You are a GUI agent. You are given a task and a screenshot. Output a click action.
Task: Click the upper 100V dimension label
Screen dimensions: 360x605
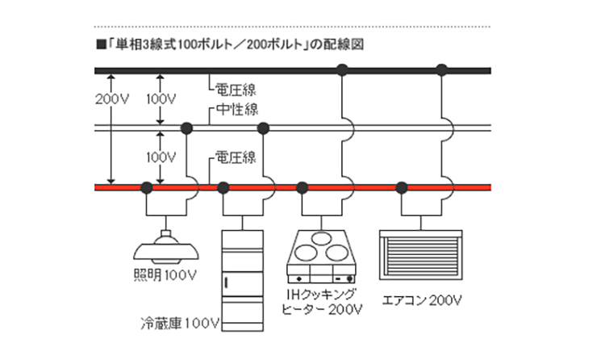161,98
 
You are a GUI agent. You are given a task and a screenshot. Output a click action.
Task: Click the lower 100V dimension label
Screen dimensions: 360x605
161,154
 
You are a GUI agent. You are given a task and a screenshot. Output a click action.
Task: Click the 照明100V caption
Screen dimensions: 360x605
165,274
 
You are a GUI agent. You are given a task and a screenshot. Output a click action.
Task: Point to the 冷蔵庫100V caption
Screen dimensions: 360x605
177,324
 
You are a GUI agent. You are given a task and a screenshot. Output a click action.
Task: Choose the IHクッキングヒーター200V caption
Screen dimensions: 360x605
321,300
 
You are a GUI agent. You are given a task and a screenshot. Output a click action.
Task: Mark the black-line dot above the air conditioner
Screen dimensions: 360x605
440,69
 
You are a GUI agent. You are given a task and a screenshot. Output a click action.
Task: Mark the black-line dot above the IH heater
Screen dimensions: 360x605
342,69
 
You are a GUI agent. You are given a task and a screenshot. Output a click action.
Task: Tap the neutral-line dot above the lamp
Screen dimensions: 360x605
186,128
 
